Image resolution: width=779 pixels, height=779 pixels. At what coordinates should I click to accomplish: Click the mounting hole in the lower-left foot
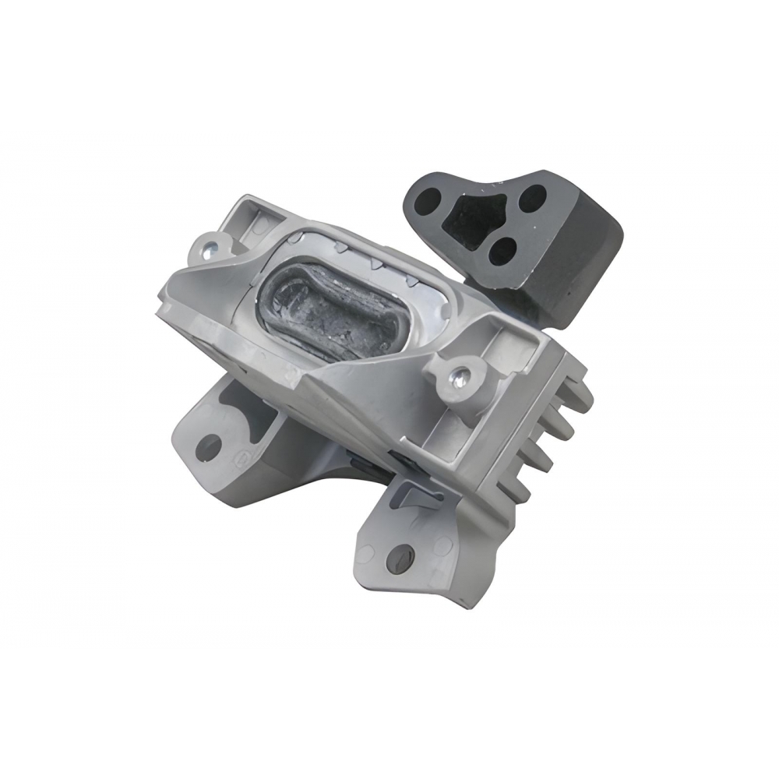click(208, 446)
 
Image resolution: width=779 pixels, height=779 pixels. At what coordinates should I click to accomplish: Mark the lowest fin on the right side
click(520, 493)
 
